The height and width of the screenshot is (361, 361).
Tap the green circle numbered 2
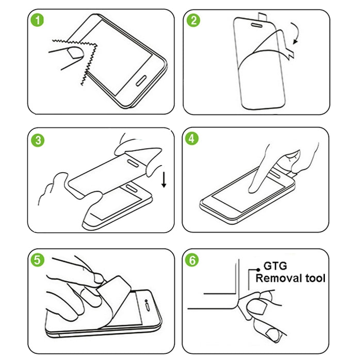194,21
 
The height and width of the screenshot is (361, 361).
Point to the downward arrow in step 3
164,180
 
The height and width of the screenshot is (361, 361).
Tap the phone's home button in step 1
141,82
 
